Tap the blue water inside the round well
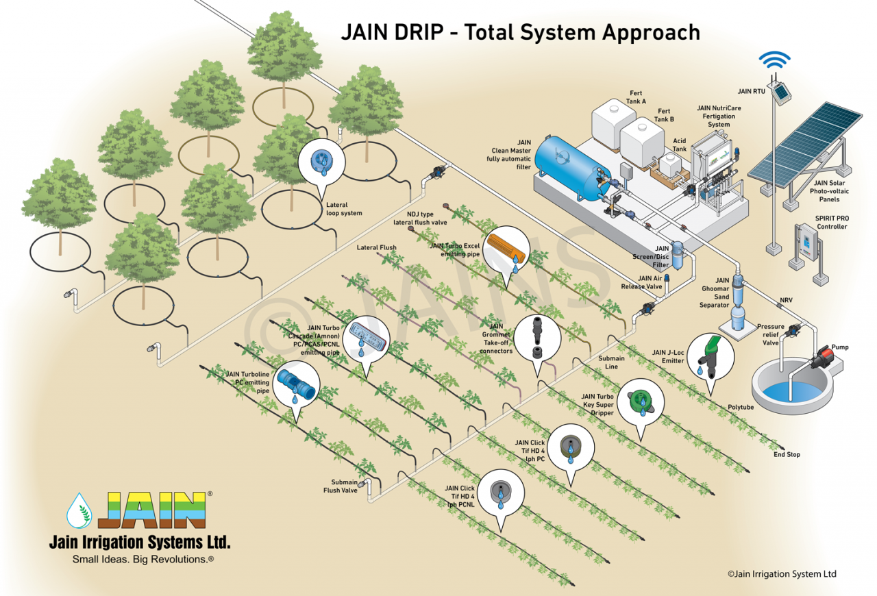788,393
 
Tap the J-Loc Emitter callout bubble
711,353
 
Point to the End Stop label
787,454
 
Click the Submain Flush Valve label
341,486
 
